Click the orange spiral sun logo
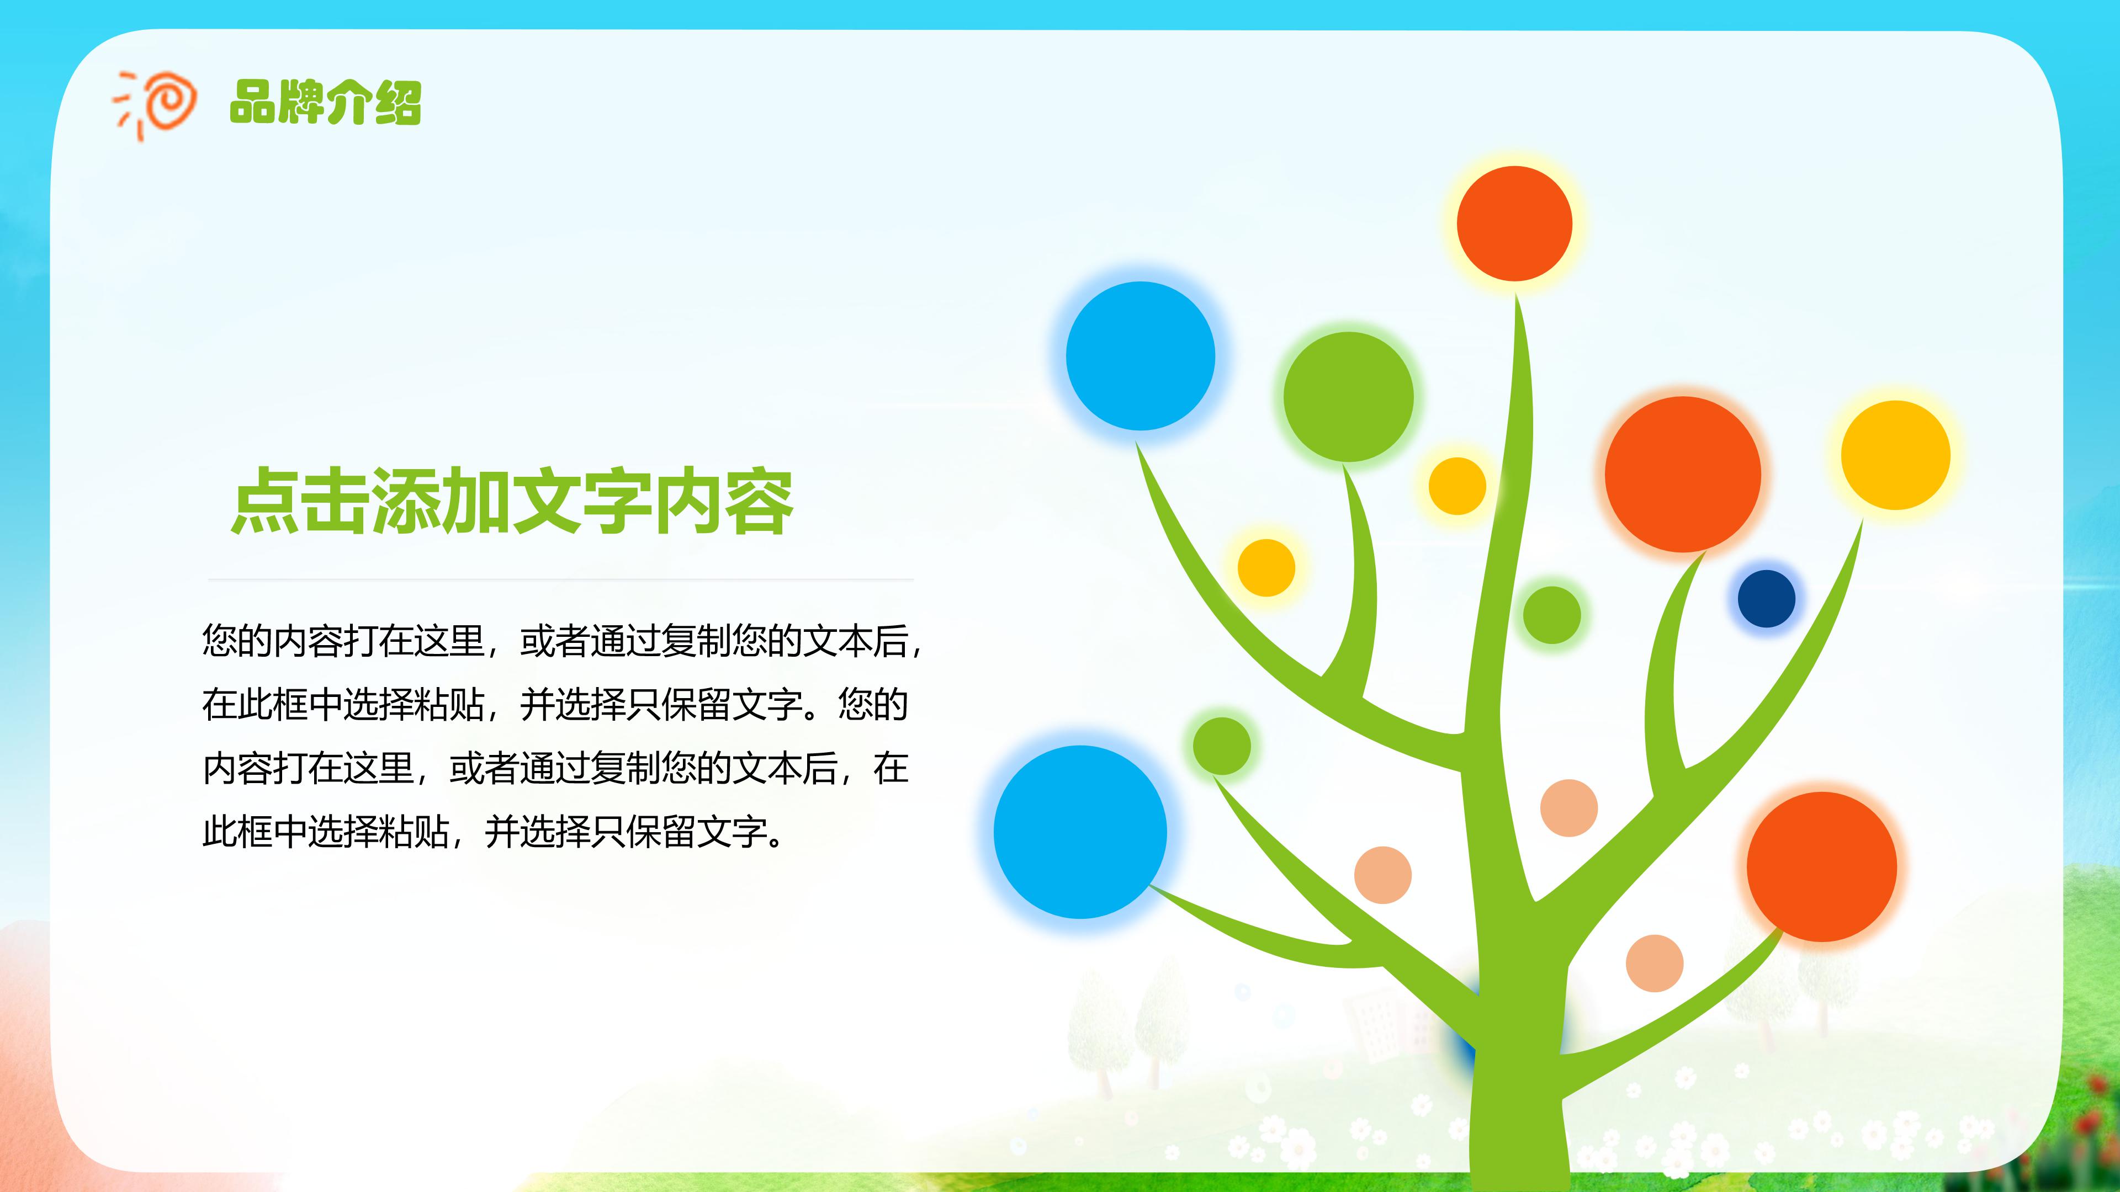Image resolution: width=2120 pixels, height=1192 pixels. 156,104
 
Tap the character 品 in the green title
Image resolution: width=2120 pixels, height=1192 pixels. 253,103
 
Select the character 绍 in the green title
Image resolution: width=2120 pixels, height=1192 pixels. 397,103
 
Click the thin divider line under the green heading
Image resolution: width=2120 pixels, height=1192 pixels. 560,579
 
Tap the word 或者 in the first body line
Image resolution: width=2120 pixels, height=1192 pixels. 555,641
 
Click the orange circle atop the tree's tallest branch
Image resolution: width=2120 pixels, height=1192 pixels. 1514,223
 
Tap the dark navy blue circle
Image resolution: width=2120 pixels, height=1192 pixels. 1766,599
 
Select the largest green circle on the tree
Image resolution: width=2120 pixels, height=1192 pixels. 1348,397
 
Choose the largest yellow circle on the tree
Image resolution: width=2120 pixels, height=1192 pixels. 1895,455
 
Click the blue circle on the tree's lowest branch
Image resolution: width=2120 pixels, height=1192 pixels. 1080,832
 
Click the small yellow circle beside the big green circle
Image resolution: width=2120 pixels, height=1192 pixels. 1457,486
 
